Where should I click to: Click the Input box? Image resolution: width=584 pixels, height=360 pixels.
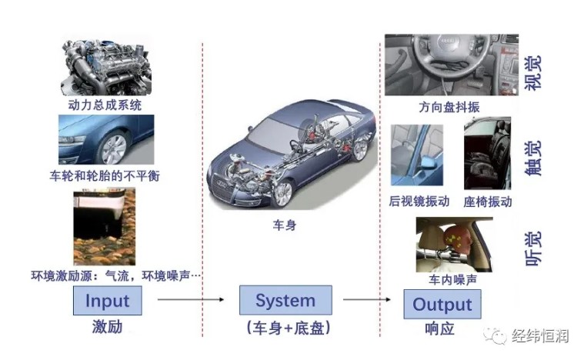[x=107, y=300]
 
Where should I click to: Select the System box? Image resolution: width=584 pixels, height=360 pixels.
[x=285, y=300]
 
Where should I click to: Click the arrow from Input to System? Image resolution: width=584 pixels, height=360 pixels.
[x=190, y=301]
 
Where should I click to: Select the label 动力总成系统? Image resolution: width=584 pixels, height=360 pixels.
[x=105, y=103]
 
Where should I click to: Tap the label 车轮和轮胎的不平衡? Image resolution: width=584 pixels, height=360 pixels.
[x=105, y=176]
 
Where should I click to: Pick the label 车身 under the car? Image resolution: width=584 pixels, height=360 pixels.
[x=285, y=225]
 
